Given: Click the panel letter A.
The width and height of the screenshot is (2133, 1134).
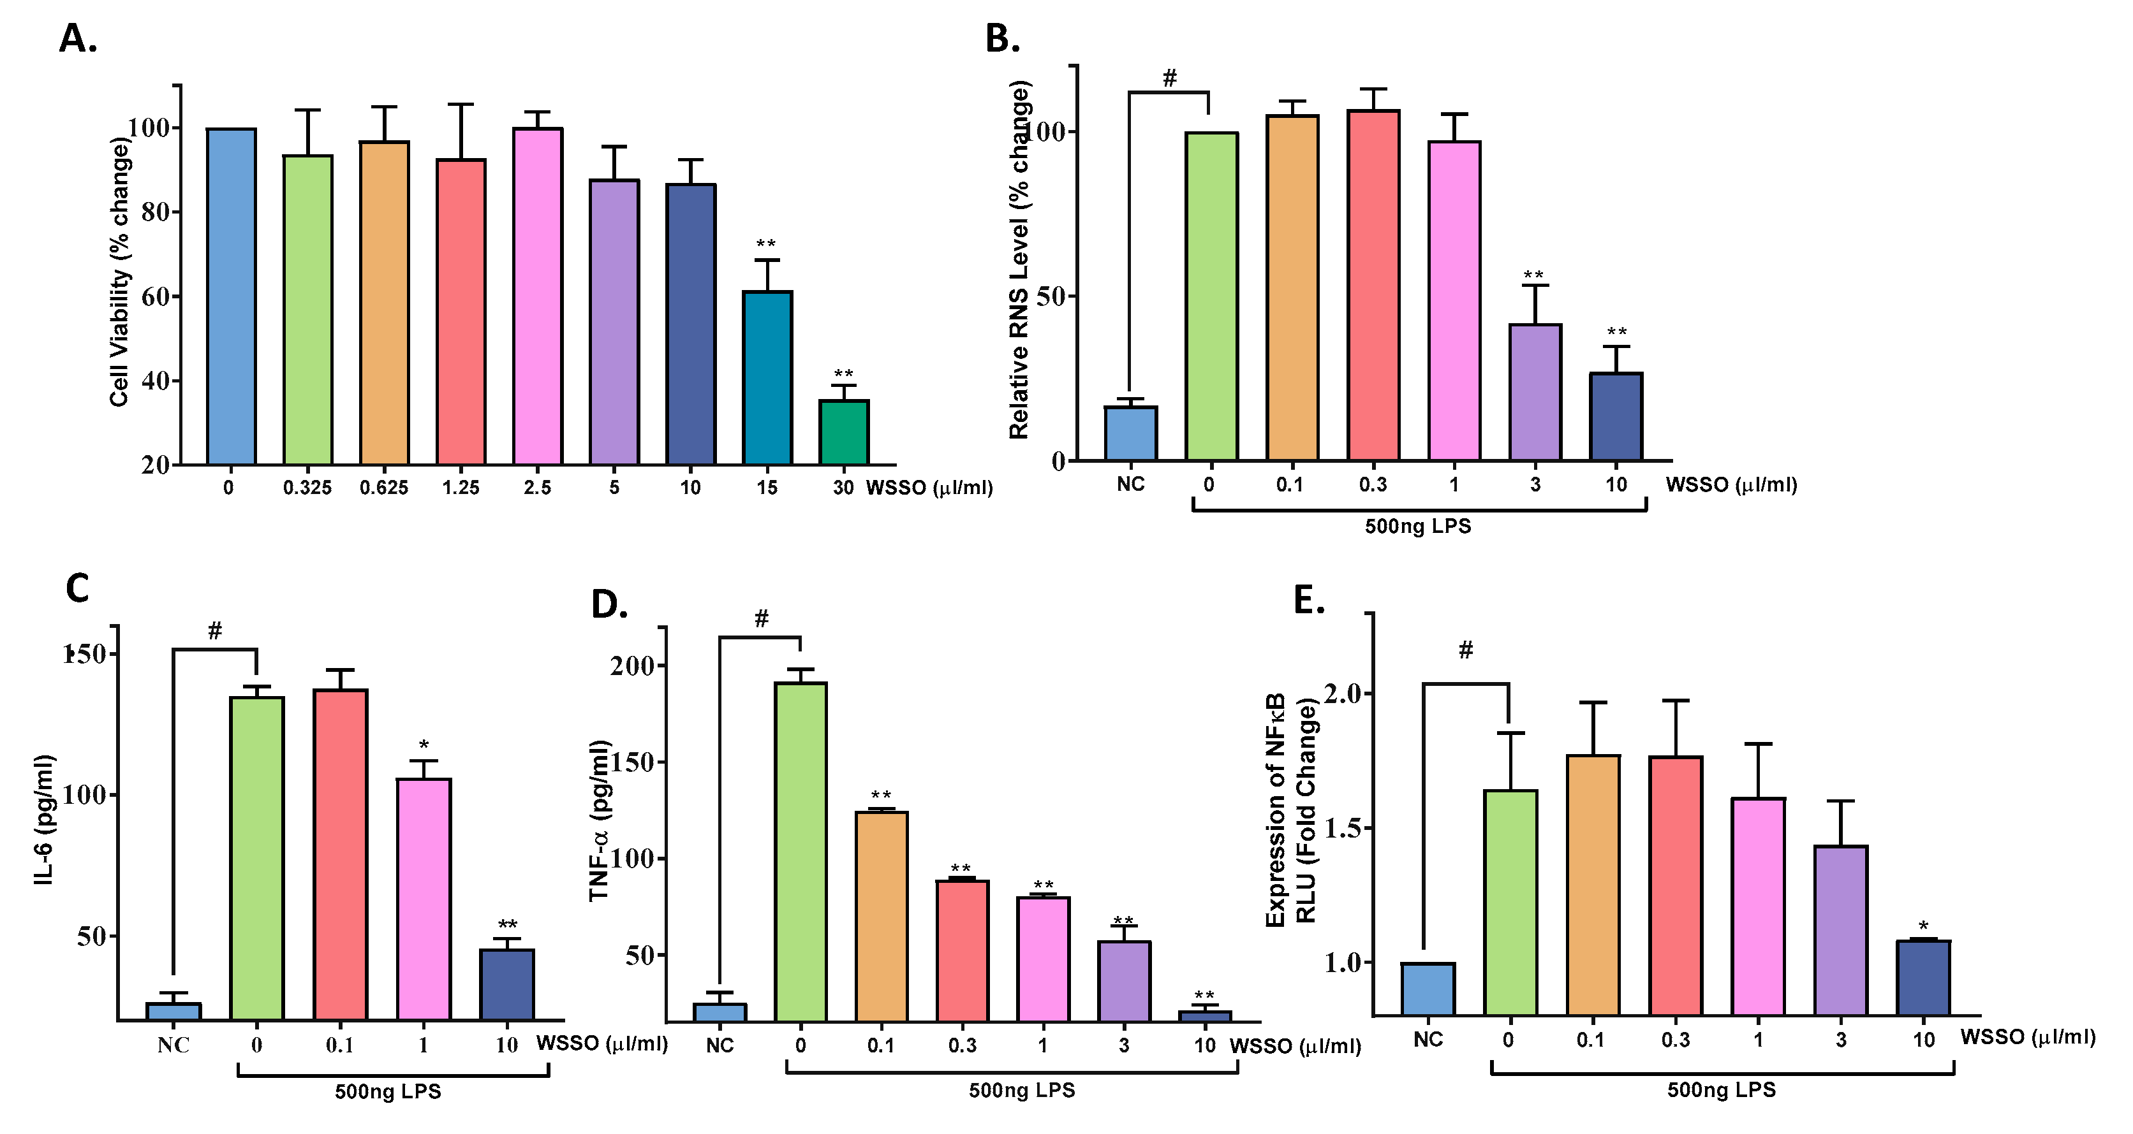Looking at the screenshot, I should [x=78, y=39].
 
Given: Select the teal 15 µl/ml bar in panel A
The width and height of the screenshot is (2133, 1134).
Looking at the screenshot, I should [x=767, y=377].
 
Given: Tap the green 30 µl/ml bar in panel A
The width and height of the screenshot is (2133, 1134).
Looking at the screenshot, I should [x=844, y=432].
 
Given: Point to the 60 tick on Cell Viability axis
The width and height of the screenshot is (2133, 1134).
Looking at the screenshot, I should [x=155, y=297].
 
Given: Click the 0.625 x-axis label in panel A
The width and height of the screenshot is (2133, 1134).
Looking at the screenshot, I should [x=383, y=488].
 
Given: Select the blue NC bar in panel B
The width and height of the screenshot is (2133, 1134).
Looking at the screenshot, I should [x=1130, y=433].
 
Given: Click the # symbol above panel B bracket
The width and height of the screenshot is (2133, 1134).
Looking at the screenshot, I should [x=1169, y=78].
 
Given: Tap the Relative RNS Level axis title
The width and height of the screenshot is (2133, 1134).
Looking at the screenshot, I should [x=1019, y=261].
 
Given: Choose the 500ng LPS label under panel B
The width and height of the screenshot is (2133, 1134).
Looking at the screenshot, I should [x=1417, y=527].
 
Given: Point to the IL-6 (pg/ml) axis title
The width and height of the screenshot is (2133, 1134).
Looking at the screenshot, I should [x=45, y=820].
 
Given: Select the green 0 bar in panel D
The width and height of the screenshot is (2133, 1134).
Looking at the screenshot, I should [x=800, y=852].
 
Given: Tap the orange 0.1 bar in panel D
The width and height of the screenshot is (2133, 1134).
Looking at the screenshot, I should [x=881, y=916].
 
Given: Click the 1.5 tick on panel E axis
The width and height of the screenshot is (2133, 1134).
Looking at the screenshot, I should [x=1341, y=829].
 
